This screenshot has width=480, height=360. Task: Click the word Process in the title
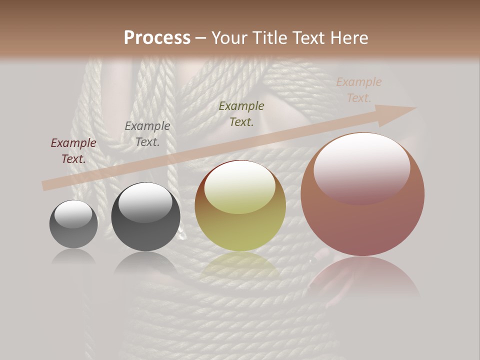157,38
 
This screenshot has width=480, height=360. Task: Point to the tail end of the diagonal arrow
44,186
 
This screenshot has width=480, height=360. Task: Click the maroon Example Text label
73,151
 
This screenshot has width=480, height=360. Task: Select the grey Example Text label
147,134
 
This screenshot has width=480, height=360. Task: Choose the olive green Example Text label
241,114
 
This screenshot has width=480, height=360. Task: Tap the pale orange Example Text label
359,90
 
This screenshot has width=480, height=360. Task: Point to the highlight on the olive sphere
240,188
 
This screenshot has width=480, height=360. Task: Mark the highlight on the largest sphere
361,167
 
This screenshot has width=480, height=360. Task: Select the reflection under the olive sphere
240,265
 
